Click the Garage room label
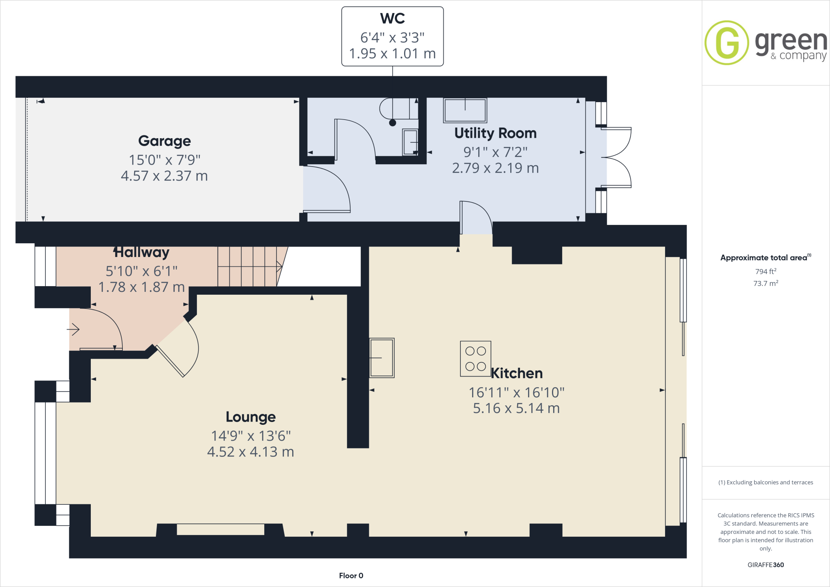[x=164, y=141]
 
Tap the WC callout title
[x=392, y=19]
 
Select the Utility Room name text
[x=495, y=133]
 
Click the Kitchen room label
[x=517, y=373]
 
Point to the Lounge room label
[x=250, y=417]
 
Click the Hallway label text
[x=141, y=252]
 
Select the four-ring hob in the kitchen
[x=475, y=359]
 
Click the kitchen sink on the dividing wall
[x=382, y=358]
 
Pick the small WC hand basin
[x=410, y=142]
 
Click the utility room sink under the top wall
[x=465, y=110]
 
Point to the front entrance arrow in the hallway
[x=73, y=329]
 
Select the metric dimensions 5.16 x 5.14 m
[x=516, y=408]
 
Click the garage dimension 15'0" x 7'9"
[x=165, y=160]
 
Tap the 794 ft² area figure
[x=765, y=272]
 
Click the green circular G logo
[x=727, y=43]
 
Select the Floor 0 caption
[x=351, y=576]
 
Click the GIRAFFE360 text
[x=765, y=565]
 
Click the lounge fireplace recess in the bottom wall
[x=220, y=530]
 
